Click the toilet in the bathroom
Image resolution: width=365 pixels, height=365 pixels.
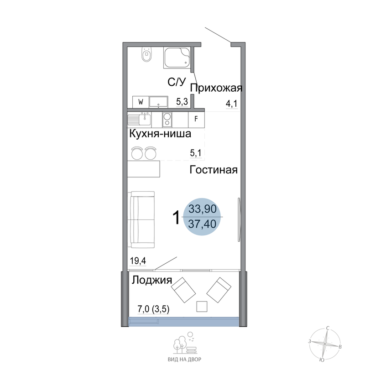146,55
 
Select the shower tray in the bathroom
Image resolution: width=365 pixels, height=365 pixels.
177,57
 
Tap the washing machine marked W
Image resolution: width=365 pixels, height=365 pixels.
141,102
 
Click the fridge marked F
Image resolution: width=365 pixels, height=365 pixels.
196,119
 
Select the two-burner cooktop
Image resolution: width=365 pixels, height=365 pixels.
167,120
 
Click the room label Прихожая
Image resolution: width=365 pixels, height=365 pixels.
216,88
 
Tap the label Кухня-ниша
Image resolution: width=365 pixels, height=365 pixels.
160,134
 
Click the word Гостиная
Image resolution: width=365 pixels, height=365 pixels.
214,170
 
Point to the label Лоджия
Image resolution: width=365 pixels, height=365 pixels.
152,280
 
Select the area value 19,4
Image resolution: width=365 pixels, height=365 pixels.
138,261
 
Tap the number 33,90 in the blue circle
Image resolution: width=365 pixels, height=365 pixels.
202,209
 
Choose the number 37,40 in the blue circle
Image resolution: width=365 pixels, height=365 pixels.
202,224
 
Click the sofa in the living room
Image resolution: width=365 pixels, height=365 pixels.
141,219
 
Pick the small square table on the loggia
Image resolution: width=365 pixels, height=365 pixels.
202,306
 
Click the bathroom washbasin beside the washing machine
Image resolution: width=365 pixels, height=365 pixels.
158,102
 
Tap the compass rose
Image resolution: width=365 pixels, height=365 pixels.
325,344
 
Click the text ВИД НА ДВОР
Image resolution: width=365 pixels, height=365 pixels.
184,360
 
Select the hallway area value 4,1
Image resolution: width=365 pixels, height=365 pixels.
232,104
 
